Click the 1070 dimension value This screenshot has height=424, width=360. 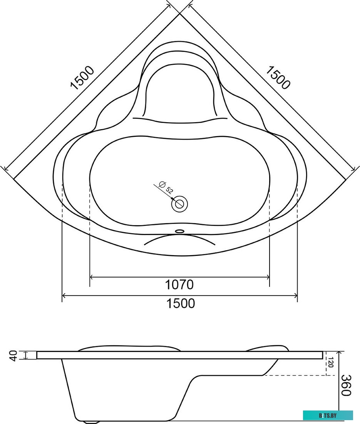[179, 285]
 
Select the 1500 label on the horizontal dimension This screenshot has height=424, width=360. [180, 303]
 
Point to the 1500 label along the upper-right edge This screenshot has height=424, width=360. [277, 77]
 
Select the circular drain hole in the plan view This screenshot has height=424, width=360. [179, 204]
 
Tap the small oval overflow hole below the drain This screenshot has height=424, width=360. [179, 231]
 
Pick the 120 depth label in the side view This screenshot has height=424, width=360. [330, 363]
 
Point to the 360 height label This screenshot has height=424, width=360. [346, 385]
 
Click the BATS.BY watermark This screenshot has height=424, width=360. [328, 415]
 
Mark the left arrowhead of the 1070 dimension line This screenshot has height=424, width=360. [92, 277]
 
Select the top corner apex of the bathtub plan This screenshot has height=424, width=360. [180, 14]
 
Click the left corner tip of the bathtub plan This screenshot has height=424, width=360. [14, 179]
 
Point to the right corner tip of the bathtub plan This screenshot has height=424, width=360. [345, 179]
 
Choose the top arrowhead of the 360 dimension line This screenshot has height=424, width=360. [339, 353]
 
